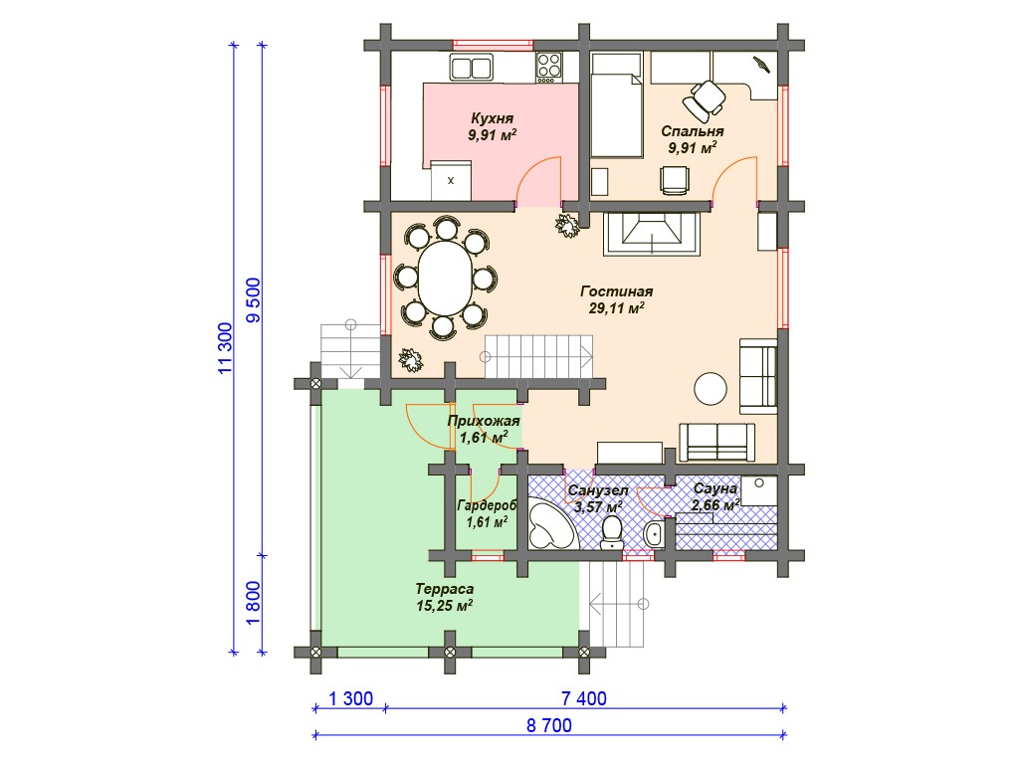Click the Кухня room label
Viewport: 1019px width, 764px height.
click(492, 118)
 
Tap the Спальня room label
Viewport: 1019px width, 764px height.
click(693, 131)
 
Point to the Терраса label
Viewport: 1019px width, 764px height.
click(445, 589)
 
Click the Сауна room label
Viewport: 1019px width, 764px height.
click(714, 488)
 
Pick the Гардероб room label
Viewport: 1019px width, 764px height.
click(487, 505)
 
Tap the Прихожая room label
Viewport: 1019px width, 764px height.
click(484, 421)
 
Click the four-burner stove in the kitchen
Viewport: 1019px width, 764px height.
click(548, 67)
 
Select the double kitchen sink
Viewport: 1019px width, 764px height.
click(471, 67)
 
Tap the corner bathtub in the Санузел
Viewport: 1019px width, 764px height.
click(549, 523)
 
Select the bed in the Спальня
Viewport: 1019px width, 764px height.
click(616, 104)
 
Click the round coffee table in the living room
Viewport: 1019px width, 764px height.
click(711, 389)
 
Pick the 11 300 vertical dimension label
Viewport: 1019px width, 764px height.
click(225, 347)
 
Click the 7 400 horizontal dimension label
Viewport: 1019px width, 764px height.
click(583, 698)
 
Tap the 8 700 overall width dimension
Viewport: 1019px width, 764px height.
click(549, 725)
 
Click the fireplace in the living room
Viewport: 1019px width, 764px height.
click(652, 233)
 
